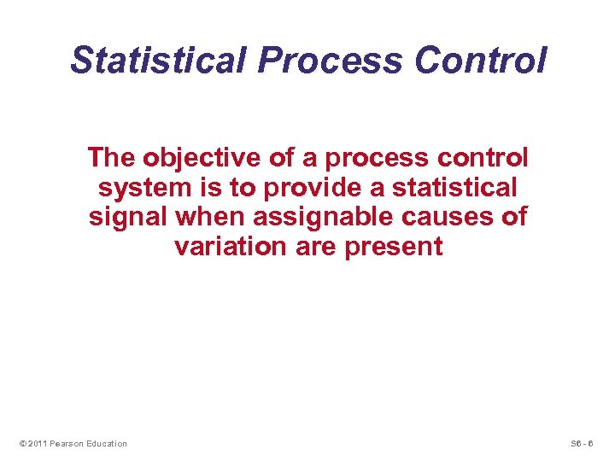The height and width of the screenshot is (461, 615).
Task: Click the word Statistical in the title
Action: (159, 61)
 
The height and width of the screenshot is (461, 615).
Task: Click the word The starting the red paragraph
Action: (114, 158)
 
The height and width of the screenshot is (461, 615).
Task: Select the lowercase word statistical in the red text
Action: (454, 188)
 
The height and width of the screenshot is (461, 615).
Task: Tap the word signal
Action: (128, 217)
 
